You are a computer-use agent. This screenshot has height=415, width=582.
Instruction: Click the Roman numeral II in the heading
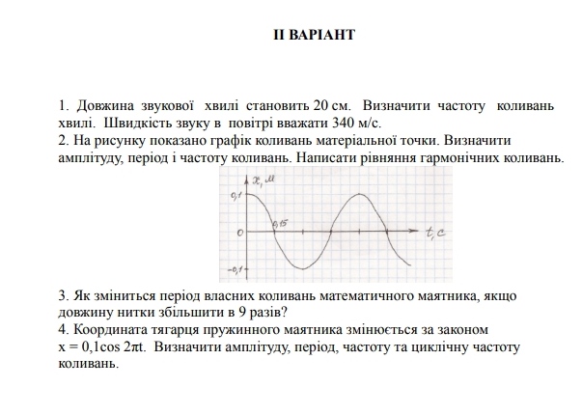coord(281,35)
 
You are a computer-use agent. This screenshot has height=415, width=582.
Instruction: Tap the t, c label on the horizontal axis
coord(435,232)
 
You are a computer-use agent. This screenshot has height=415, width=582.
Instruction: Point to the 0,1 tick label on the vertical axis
coord(236,196)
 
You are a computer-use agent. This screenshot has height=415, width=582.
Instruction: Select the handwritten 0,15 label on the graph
coord(281,224)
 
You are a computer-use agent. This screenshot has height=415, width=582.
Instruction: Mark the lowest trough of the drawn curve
coord(303,268)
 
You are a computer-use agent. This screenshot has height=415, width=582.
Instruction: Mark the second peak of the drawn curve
coord(359,195)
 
